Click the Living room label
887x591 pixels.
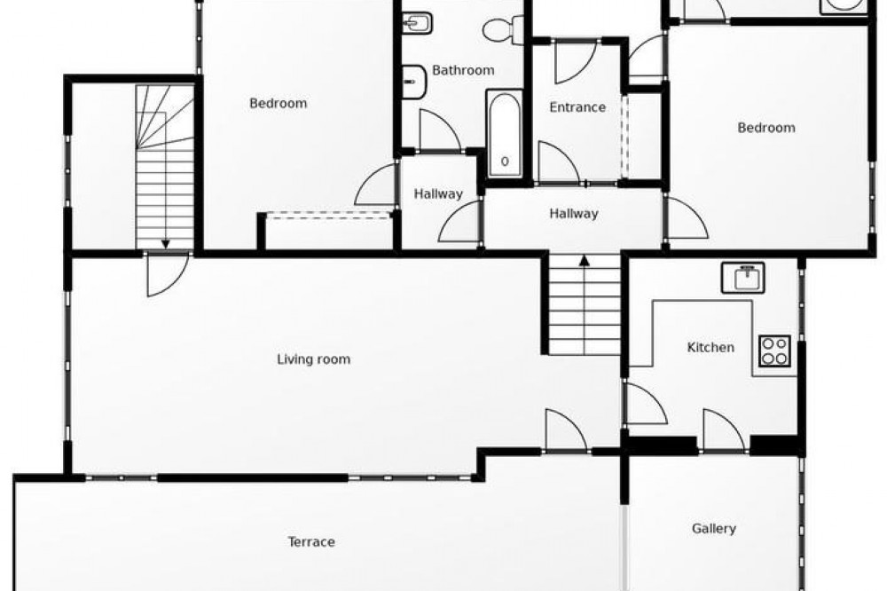[313, 359]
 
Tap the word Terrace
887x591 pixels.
[311, 541]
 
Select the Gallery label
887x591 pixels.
[713, 529]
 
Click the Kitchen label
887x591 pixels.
[710, 347]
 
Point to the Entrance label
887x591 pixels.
[577, 107]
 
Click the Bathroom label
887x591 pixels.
[463, 70]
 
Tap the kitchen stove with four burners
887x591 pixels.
[774, 351]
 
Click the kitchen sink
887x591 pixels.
[742, 278]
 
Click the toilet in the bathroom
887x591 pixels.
[503, 29]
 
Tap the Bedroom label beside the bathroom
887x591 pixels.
[278, 104]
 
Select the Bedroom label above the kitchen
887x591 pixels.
[766, 128]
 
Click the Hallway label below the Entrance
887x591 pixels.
[573, 213]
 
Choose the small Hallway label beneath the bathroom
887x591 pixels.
[438, 194]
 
